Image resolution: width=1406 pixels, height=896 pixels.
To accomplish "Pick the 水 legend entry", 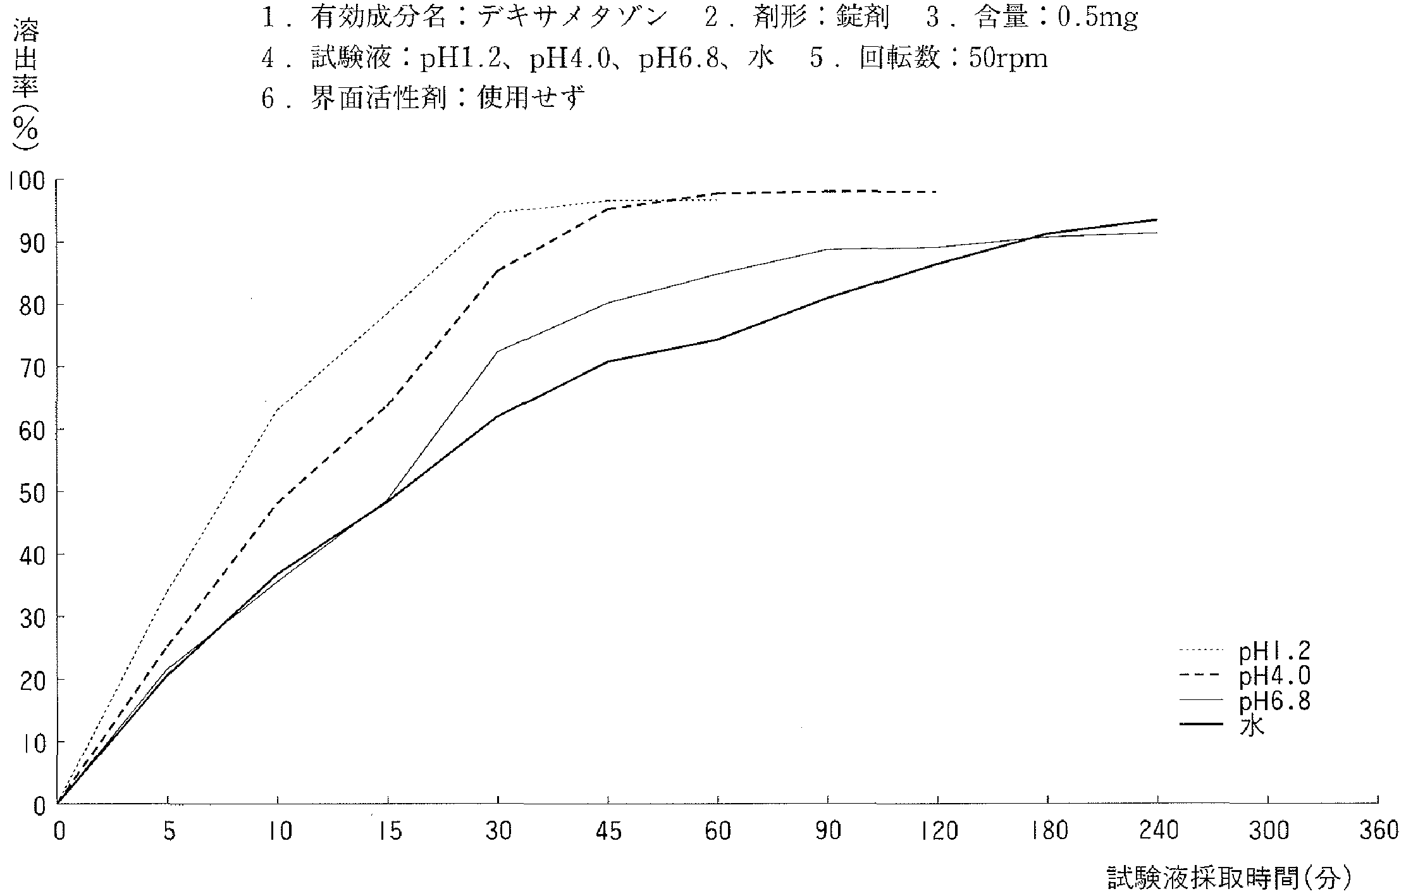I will point(1251,726).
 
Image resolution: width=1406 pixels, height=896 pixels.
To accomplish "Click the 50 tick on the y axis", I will point(32,493).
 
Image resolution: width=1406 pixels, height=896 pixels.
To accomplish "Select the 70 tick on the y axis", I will point(32,367).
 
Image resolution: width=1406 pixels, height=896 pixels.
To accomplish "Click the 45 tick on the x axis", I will point(608,831).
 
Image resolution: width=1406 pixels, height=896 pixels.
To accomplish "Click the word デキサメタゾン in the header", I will point(573,18).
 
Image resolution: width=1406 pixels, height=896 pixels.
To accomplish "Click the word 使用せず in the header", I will point(532,98).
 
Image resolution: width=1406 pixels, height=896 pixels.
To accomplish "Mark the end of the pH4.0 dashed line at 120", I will point(937,192).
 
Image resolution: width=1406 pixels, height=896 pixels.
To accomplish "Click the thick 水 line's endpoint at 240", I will point(1157,219).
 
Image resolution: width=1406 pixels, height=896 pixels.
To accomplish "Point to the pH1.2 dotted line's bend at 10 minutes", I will point(277,410).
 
